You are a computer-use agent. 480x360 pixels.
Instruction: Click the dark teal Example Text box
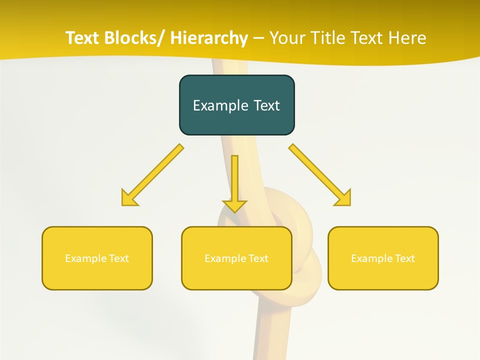[236, 105]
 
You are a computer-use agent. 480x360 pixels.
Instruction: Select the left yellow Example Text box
[97, 258]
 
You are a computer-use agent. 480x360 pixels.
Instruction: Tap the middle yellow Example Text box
[236, 258]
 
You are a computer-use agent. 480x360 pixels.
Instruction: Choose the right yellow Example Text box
[383, 258]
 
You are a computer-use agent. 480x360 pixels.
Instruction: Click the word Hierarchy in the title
[209, 38]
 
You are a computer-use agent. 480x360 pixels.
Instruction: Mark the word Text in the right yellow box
[405, 258]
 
